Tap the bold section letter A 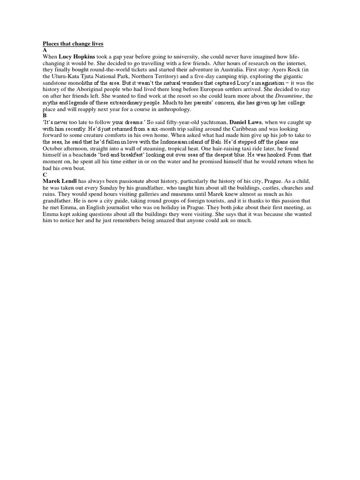pos(45,50)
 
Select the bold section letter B pos(45,115)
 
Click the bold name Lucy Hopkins pos(77,56)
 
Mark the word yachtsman pos(208,122)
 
